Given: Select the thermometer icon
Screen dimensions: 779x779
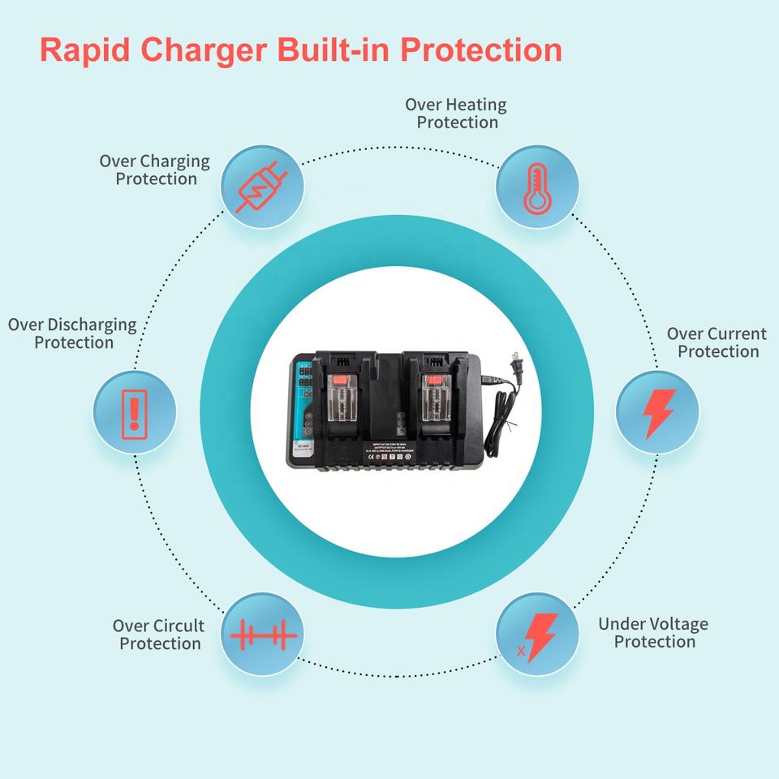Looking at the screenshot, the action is (536, 187).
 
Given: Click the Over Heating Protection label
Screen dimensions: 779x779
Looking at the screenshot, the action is (456, 114).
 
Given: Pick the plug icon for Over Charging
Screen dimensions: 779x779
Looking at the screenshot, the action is (262, 187).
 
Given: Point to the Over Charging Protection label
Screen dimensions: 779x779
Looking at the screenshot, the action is (155, 170).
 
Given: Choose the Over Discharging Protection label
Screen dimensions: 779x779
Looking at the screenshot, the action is (72, 334).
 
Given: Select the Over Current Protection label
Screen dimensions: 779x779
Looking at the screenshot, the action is (717, 342).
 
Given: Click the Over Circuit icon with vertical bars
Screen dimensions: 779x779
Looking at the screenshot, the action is (262, 635).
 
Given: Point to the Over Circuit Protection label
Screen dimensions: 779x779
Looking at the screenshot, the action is (159, 635).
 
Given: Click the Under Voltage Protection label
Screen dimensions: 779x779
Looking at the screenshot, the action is (653, 633).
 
